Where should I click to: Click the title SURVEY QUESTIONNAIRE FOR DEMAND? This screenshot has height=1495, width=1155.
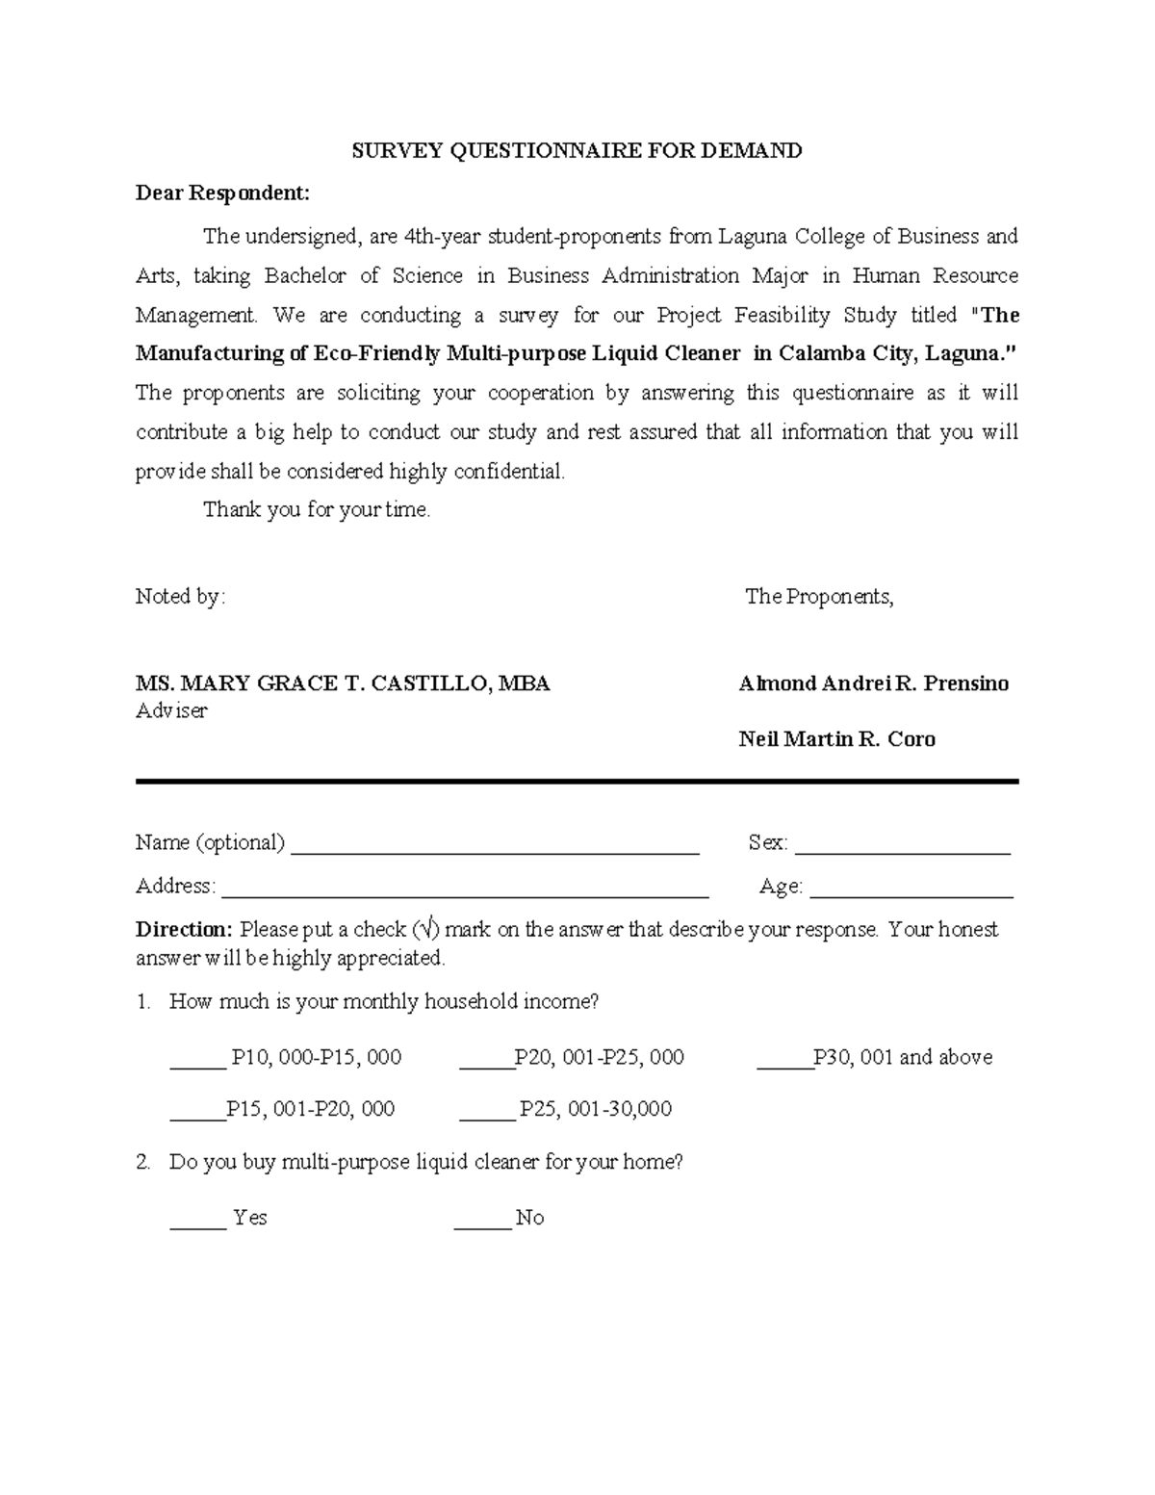click(x=576, y=150)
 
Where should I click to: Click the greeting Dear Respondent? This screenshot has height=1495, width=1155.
click(x=222, y=193)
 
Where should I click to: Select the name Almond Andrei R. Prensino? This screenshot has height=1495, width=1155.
click(x=873, y=683)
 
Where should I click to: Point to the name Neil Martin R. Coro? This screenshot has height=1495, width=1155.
click(x=836, y=739)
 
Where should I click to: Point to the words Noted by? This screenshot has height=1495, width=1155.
click(x=180, y=597)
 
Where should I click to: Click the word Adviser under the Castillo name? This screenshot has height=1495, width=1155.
click(x=171, y=711)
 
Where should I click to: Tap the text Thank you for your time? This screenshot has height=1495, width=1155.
click(x=317, y=510)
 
